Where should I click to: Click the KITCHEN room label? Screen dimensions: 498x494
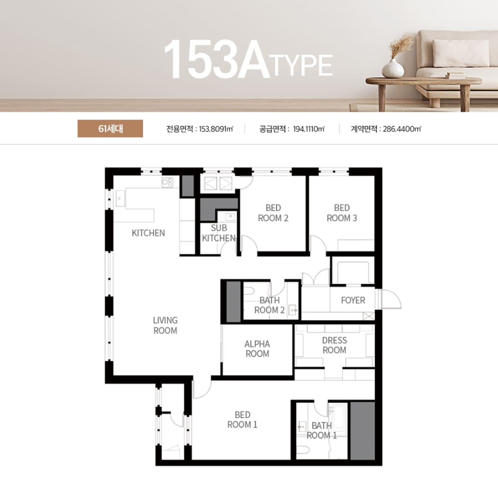148,233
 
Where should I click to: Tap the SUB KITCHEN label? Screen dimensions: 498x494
219,233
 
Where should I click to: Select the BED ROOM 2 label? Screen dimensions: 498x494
273,213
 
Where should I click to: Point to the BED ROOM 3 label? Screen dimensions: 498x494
342,213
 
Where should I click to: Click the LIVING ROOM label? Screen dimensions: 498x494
166,325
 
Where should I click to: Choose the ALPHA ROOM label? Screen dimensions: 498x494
257,348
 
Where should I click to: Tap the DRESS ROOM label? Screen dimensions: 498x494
334,345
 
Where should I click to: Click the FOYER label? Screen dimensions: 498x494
353,300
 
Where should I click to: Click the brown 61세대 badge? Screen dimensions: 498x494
110,129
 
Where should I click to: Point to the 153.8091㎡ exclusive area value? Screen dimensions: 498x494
216,129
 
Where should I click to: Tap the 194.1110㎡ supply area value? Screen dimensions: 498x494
309,129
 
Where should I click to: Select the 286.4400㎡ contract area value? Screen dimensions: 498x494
402,129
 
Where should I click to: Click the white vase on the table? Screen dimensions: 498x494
393,68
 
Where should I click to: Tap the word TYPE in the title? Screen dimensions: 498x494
303,66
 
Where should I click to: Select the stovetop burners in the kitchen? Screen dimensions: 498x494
168,183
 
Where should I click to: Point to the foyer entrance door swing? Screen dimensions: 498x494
390,299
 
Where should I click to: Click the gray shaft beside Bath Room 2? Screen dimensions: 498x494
234,302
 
